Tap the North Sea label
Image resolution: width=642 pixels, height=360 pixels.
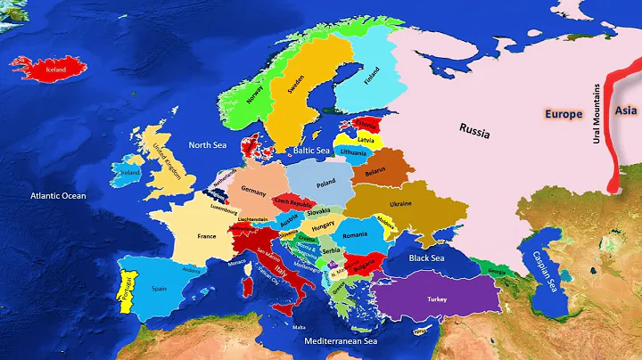point(207,144)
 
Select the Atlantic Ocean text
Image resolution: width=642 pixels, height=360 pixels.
point(58,195)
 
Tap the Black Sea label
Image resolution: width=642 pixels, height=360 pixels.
point(426,258)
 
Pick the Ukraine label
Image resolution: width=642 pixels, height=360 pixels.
point(400,204)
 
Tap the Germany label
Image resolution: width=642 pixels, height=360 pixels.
point(254,192)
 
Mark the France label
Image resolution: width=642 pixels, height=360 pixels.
point(207,237)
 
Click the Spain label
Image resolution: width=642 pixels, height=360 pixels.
point(160,289)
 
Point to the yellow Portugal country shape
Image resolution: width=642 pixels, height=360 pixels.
point(128,286)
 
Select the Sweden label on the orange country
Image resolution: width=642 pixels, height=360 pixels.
point(296,85)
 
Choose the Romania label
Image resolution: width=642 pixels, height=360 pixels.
point(355,234)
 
